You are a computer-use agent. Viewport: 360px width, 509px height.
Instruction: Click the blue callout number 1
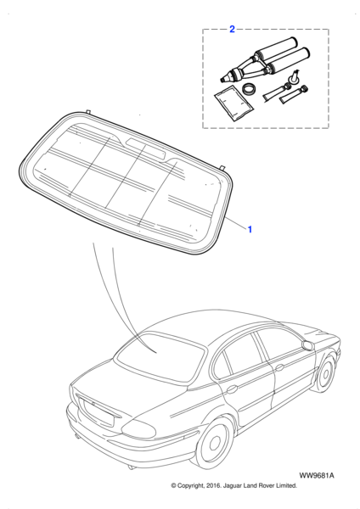pos(250,230)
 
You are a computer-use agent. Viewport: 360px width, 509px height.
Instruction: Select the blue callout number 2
pos(232,29)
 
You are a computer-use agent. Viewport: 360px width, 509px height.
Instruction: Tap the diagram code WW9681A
pos(317,476)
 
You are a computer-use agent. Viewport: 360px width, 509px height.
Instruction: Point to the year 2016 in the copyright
pos(212,486)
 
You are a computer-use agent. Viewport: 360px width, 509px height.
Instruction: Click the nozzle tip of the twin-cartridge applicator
pos(223,78)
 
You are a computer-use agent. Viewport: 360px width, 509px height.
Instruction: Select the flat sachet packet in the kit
pos(234,103)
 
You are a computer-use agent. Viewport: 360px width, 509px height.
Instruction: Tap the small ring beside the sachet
pos(250,89)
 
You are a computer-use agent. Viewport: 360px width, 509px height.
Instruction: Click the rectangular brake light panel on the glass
pos(145,148)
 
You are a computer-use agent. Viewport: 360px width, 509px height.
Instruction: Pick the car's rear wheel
pos(216,440)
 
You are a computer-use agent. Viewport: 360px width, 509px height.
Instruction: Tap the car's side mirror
pos(308,345)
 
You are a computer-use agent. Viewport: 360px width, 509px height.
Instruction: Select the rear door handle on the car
pos(231,389)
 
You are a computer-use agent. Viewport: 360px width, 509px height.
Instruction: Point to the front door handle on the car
pos(278,368)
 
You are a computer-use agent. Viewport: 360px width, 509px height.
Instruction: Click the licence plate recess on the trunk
pos(98,412)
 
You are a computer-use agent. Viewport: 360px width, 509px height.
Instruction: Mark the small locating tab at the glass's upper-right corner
pos(222,167)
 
